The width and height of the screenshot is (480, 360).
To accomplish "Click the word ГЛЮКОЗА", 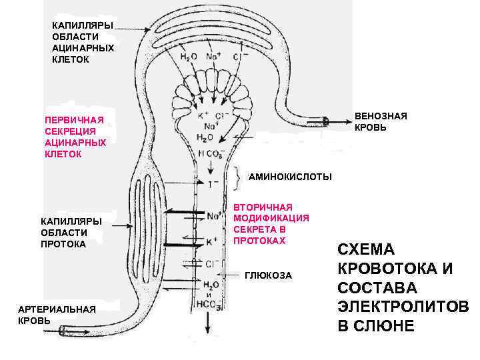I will (x=269, y=275).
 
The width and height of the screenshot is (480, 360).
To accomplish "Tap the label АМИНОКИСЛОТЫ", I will (x=289, y=177).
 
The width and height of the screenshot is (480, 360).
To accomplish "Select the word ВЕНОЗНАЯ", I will (x=381, y=116).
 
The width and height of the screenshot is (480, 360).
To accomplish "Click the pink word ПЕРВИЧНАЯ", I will (x=74, y=120).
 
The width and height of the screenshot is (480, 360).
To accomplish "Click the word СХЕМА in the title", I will (x=367, y=250).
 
